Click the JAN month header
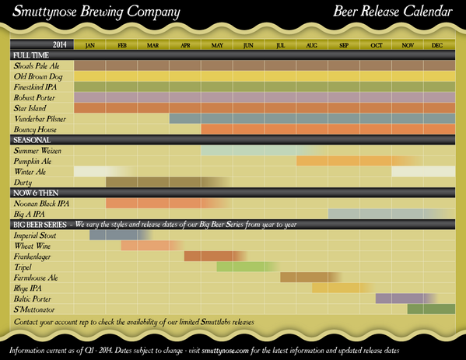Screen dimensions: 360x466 click(89, 46)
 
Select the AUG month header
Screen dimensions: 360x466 click(311, 46)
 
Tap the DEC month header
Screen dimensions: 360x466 click(438, 46)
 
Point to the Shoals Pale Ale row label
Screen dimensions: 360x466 click(37, 66)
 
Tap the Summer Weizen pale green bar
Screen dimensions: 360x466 click(261, 150)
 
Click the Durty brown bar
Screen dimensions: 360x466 click(156, 182)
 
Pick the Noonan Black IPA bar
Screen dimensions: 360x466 click(152, 203)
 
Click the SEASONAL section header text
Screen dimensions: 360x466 click(32, 140)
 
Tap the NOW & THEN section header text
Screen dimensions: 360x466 click(37, 192)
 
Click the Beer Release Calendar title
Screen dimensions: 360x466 click(392, 12)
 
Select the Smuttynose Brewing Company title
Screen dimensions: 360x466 click(96, 12)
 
